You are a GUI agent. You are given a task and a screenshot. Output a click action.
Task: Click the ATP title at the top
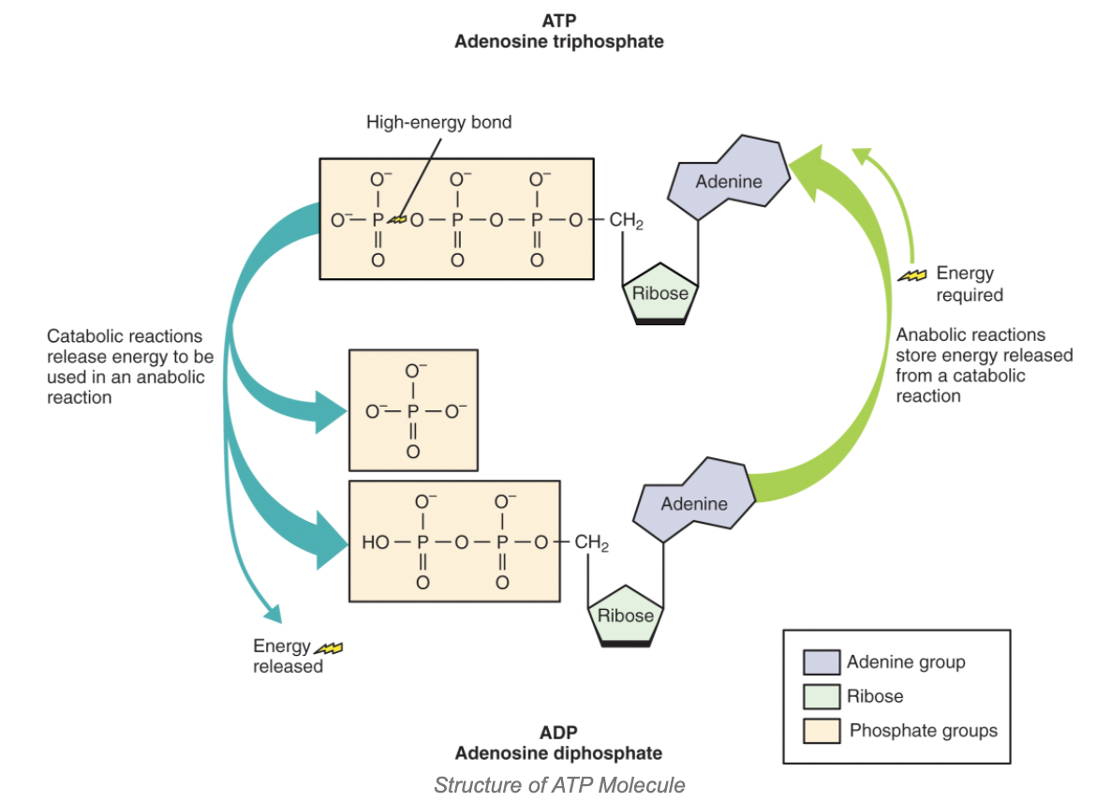(x=558, y=20)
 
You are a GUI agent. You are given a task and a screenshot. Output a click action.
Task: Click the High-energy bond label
(x=438, y=122)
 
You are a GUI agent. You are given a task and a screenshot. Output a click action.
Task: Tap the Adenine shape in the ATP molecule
(x=729, y=181)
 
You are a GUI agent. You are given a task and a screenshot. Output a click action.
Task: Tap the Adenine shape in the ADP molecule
(x=693, y=503)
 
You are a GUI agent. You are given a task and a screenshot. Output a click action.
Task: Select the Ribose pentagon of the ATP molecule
(x=660, y=292)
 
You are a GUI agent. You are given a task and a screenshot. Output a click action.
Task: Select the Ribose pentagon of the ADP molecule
(x=625, y=616)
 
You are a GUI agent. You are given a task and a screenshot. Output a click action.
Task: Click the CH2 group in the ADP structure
(x=591, y=542)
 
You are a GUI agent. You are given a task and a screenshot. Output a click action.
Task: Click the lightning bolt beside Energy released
(x=329, y=646)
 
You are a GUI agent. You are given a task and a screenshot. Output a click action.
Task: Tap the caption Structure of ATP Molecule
(x=558, y=785)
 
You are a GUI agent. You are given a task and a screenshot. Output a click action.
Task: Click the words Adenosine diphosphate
(x=558, y=753)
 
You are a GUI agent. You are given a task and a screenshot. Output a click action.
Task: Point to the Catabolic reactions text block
(x=130, y=366)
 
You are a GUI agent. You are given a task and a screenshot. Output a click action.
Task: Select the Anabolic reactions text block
(x=984, y=365)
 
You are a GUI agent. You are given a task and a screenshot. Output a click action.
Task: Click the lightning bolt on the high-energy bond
(x=400, y=220)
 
